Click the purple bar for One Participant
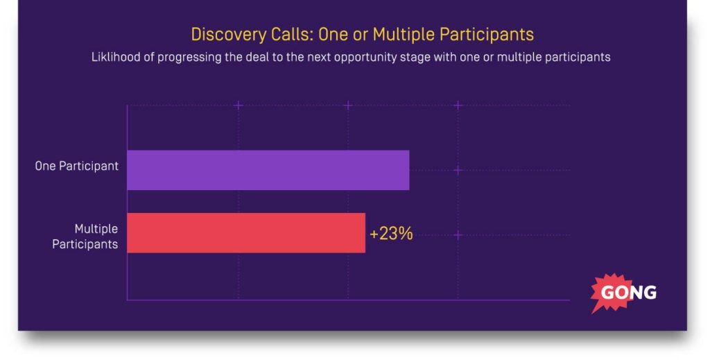(268, 170)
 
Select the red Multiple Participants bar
(246, 233)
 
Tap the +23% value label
(391, 234)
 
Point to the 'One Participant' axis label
(77, 166)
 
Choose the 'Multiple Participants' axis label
(85, 237)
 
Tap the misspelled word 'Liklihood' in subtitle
(116, 58)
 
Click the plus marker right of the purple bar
(458, 170)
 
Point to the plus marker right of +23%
(458, 235)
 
